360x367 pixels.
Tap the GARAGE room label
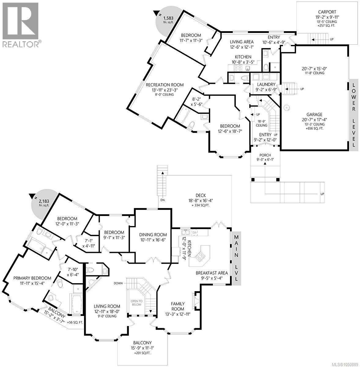[314, 114]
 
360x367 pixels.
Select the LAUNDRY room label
[266, 84]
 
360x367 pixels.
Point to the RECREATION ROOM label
[165, 85]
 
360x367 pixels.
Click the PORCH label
[265, 155]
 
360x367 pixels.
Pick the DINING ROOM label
[153, 235]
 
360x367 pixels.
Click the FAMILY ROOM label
[178, 306]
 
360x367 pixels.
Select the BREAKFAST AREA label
[212, 273]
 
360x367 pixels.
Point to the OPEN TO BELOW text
[137, 303]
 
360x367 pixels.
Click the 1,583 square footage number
[169, 18]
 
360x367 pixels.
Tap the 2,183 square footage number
[44, 201]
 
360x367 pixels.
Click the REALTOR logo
[20, 25]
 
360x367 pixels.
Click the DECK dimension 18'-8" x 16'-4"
[201, 200]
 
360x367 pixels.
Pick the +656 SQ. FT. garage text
[314, 128]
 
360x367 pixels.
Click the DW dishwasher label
[194, 232]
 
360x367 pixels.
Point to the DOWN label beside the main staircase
[118, 283]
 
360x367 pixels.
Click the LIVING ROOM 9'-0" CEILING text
[107, 316]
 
